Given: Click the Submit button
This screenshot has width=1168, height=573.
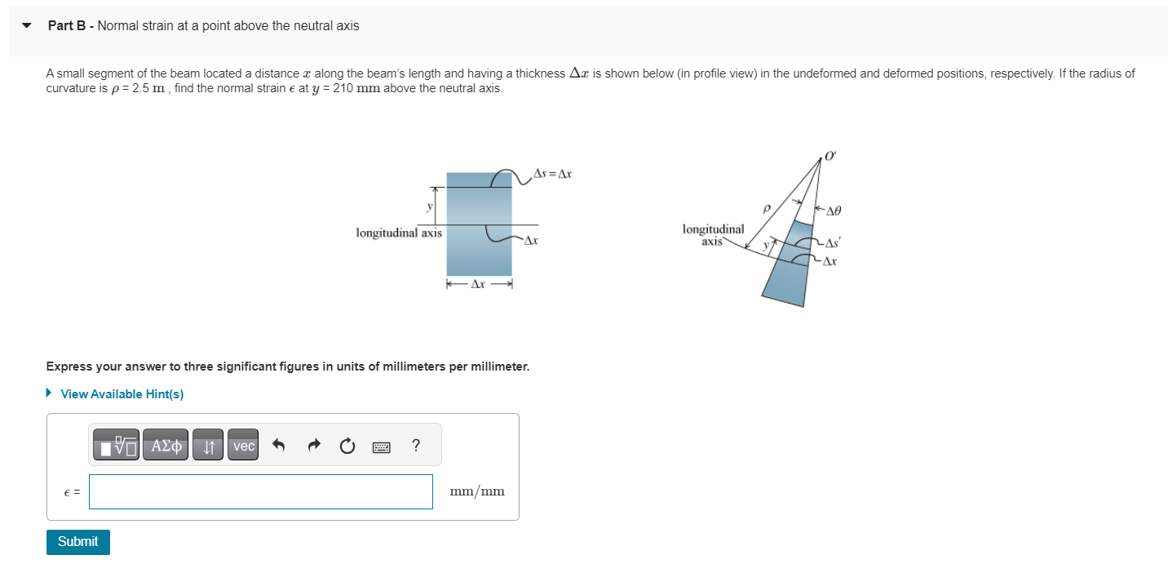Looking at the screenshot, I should (77, 542).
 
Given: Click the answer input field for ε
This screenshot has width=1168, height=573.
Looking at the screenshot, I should (261, 491).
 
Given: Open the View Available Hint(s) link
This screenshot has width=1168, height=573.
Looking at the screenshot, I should (122, 394).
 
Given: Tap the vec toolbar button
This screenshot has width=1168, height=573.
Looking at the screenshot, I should (243, 446).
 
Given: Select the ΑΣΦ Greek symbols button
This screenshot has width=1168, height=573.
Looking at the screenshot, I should (166, 446).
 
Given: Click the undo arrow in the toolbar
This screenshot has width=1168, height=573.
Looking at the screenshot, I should (279, 446).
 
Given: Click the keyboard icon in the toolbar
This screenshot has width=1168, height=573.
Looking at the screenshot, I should (382, 446).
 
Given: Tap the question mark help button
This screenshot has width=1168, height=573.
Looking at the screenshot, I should (416, 446).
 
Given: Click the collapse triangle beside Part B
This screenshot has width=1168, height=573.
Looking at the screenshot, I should (27, 26).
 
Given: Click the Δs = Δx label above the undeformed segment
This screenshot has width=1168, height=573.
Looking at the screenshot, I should (552, 173).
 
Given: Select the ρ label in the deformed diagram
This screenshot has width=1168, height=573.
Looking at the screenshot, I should (766, 210).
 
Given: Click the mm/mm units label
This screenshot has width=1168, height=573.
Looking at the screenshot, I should (477, 491).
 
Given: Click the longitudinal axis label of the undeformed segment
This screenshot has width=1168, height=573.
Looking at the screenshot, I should (399, 233).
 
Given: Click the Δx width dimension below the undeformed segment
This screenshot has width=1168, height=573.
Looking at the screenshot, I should (479, 285).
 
